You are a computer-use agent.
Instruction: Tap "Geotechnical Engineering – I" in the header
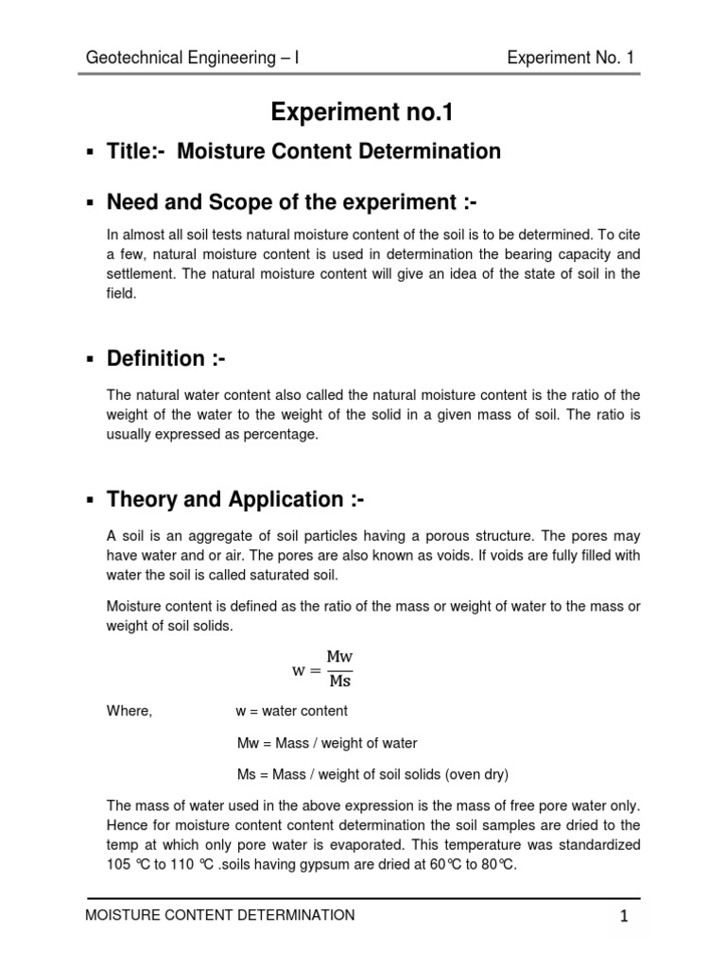(x=193, y=59)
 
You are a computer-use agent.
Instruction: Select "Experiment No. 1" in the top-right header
(x=570, y=59)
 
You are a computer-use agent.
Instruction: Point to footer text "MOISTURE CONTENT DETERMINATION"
(x=220, y=915)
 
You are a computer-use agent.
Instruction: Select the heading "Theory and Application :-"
(x=224, y=499)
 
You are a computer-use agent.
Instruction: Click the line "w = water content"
(x=291, y=711)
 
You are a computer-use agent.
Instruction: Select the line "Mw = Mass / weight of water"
(x=326, y=743)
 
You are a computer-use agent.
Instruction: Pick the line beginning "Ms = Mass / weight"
(x=372, y=775)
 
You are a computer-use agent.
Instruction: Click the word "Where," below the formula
(x=130, y=711)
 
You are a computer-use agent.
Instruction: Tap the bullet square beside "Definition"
(x=91, y=360)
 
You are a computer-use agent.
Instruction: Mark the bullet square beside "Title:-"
(x=91, y=153)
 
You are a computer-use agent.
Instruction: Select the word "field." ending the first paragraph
(x=122, y=293)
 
